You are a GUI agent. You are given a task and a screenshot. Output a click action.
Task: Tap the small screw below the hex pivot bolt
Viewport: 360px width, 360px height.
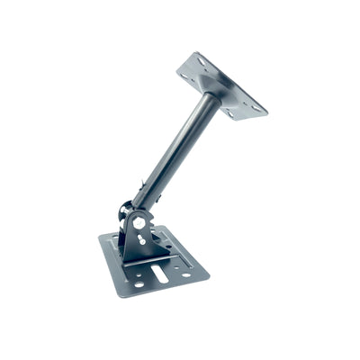point(140,238)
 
